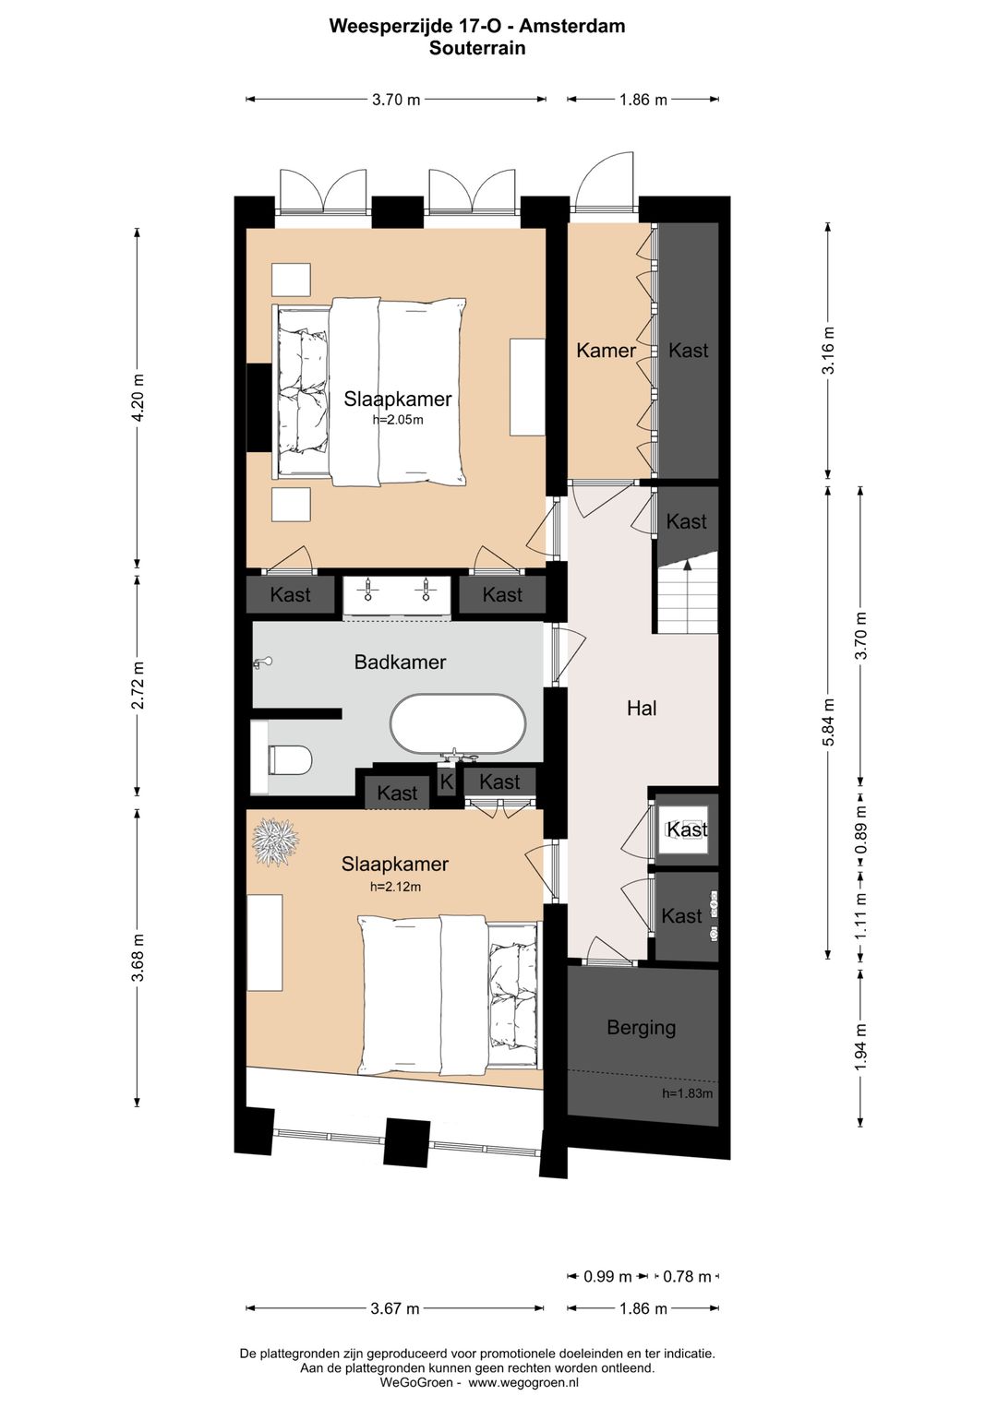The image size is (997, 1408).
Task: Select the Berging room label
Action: [641, 1027]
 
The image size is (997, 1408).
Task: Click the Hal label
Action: [642, 709]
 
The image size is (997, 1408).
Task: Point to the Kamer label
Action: [606, 350]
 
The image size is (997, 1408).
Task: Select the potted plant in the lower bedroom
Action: [275, 841]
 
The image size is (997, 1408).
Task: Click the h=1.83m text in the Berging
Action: [687, 1093]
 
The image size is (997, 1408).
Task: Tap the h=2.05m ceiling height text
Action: [398, 420]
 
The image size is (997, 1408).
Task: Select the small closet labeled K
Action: [447, 782]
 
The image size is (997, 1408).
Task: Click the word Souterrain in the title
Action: [477, 48]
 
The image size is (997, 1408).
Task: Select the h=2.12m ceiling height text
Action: [395, 887]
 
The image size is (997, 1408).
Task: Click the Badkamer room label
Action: [400, 662]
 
